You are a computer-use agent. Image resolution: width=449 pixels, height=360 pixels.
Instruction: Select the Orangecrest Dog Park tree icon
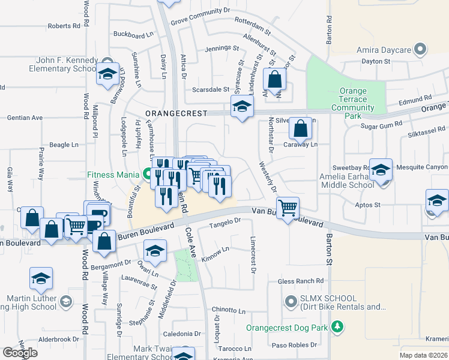click(339, 327)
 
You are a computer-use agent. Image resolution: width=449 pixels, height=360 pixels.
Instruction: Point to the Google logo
click(20, 352)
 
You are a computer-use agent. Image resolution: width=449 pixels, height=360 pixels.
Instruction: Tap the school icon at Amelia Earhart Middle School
click(381, 170)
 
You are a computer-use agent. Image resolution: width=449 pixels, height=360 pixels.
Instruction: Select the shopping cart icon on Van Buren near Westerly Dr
click(289, 208)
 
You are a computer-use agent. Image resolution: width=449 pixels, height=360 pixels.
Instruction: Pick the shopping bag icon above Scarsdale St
click(274, 79)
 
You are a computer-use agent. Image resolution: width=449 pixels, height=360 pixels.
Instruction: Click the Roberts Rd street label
click(64, 26)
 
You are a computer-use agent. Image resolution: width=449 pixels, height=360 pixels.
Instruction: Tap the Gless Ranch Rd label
click(301, 281)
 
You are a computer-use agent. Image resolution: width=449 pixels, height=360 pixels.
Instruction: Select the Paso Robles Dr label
click(294, 345)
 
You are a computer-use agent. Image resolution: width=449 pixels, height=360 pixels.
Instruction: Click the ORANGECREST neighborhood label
click(175, 113)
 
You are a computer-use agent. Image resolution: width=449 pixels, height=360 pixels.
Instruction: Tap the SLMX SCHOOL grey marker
click(292, 301)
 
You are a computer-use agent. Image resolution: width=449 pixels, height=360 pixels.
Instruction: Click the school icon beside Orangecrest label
click(242, 107)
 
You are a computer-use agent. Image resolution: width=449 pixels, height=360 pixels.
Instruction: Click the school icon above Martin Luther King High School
click(41, 279)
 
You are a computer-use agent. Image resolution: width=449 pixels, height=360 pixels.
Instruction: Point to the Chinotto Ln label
click(229, 311)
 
